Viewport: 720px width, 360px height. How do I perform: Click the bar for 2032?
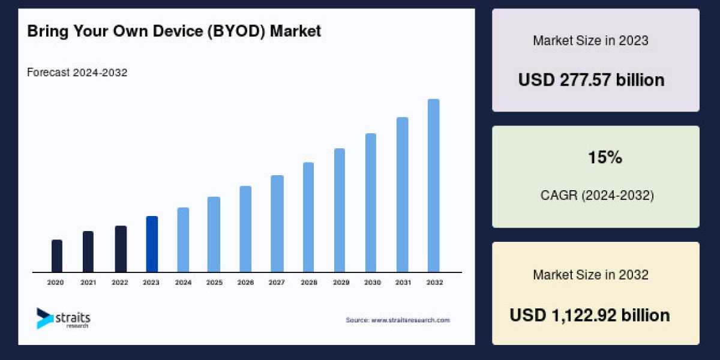coord(433,185)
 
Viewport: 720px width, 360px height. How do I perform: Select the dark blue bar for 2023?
coord(152,244)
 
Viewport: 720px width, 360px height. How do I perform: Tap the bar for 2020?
coord(57,256)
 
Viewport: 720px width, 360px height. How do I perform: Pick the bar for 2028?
coord(308,217)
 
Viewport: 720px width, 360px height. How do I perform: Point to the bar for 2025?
coord(214,234)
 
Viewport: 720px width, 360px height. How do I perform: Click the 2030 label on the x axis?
coord(371,282)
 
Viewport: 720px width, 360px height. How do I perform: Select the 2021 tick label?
coord(88,282)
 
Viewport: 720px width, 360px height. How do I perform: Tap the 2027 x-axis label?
coord(277,282)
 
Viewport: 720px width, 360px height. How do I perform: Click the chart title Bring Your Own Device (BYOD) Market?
coord(174,31)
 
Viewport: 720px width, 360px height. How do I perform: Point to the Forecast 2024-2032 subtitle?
coord(77,73)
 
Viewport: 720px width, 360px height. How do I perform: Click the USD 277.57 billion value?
coord(591,80)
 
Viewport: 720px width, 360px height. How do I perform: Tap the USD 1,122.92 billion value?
coord(590,315)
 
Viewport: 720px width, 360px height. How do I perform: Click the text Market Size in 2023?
coord(590,41)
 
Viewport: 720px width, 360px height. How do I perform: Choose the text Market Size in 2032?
coord(590,275)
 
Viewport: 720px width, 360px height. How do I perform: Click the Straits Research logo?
coord(63,318)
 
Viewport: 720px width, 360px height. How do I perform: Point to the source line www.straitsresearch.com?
coord(397,320)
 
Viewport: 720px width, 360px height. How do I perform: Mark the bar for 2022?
coord(121,248)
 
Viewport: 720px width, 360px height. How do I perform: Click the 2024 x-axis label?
coord(182,282)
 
